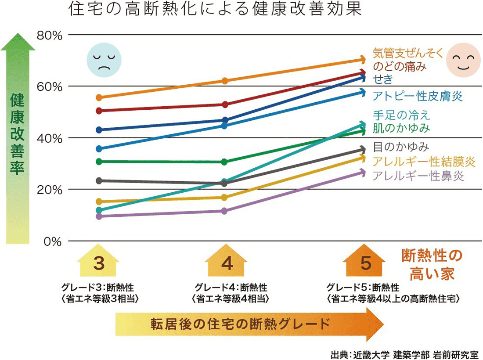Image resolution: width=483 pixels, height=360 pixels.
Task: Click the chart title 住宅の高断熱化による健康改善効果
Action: [215, 9]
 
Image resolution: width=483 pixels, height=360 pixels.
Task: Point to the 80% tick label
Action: [50, 36]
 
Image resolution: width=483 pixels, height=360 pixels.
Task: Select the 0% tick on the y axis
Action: [53, 242]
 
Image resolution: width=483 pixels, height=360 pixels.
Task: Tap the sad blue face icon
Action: [104, 60]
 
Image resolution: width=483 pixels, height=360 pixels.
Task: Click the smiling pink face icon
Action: [463, 60]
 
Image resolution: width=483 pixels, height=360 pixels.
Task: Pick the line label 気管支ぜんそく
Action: [408, 53]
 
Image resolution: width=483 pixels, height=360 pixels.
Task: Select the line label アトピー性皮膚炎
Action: [418, 96]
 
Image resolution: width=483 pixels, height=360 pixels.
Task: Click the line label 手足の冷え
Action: [401, 115]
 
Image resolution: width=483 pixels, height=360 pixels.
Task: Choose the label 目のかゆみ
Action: [401, 147]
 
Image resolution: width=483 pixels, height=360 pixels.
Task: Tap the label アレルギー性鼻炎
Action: [418, 176]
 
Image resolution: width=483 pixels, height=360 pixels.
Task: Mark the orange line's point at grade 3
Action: [99, 97]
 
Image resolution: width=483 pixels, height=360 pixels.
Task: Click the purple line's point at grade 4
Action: [224, 211]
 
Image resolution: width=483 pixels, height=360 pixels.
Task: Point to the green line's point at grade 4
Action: [224, 162]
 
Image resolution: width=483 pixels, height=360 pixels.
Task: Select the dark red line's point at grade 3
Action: [99, 111]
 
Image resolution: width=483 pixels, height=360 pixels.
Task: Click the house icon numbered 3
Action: [98, 260]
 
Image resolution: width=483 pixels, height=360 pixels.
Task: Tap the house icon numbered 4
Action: [227, 260]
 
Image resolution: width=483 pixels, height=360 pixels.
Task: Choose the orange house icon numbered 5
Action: [364, 260]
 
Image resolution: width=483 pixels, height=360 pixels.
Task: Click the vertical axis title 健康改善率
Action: [17, 134]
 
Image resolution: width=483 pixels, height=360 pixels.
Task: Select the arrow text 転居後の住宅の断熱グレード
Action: [240, 324]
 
